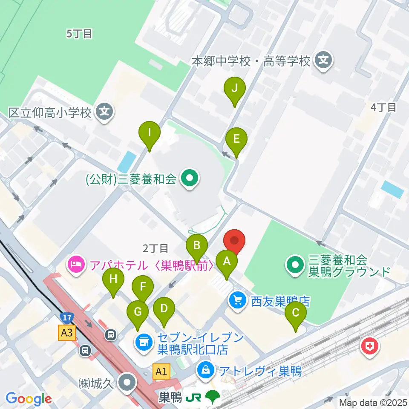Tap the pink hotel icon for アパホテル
pos(76,265)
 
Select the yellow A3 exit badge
pos(67,333)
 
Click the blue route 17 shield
pos(66,318)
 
